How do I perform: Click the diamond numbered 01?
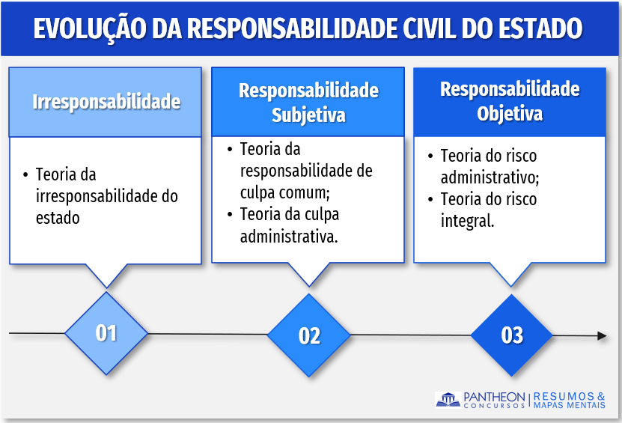click(106, 333)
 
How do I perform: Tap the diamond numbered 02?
click(309, 335)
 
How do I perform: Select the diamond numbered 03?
click(512, 335)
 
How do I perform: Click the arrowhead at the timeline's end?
click(602, 335)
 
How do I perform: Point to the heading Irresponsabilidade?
click(106, 102)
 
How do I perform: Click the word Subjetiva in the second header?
click(308, 115)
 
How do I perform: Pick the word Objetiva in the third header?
click(510, 114)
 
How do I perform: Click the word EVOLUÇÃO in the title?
click(90, 28)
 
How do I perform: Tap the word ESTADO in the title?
click(540, 28)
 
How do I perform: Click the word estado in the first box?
click(58, 218)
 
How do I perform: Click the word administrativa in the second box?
click(289, 237)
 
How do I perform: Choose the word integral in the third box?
click(467, 221)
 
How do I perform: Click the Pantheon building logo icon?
click(448, 400)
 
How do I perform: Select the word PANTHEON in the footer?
click(494, 397)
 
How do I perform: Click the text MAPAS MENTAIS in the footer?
click(570, 405)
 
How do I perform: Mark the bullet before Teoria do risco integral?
click(430, 199)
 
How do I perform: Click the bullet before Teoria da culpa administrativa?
click(230, 214)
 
